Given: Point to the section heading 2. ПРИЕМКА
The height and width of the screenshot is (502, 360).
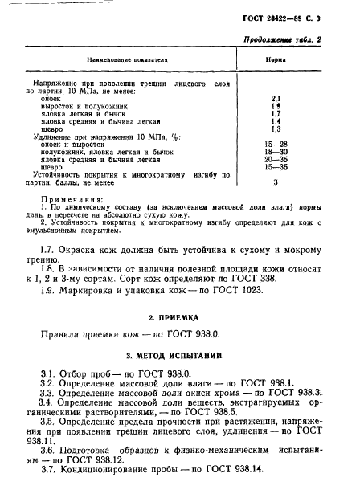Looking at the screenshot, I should pos(179,317).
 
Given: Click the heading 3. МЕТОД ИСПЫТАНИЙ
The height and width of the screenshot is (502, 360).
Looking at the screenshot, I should pos(179,355).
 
